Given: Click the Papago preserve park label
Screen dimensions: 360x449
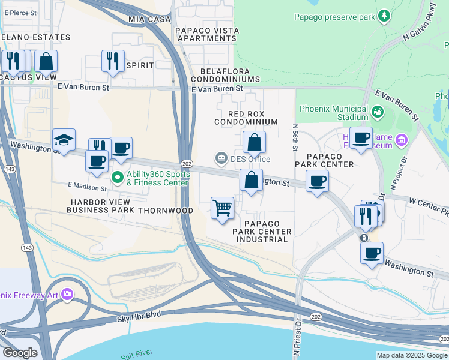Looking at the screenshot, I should click(334, 17).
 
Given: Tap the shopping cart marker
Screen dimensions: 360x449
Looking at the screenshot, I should click(223, 208).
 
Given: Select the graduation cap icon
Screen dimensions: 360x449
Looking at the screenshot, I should click(64, 140).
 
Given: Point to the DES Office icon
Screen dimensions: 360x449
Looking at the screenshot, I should click(221, 159).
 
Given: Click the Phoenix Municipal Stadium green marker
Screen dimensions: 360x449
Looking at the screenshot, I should click(378, 112).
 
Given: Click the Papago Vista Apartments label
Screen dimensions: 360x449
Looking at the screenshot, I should click(206, 34).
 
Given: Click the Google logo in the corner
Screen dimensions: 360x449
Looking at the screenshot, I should click(20, 353).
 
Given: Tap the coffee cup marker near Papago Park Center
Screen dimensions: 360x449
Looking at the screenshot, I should click(317, 180).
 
